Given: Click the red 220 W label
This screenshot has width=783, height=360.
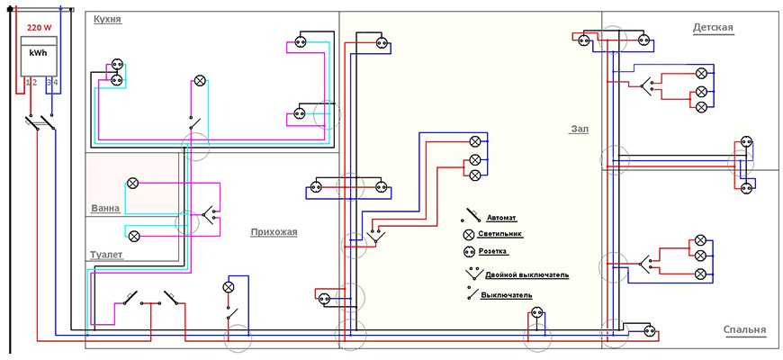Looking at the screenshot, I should coord(40,28).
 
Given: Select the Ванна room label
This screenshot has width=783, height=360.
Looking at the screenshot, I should coord(105,209).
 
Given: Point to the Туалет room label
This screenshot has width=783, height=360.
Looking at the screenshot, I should coord(106,255).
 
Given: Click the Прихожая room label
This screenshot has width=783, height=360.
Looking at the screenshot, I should coord(274,231).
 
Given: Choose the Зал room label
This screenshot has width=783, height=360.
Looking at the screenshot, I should coord(579,129).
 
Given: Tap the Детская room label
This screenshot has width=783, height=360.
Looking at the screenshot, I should coord(713,27).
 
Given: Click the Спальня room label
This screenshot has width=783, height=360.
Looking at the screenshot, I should coord(744,330).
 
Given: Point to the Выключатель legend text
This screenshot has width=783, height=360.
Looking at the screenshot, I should coord(506,294).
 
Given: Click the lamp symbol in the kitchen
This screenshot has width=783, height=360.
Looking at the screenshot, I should coord(200,80).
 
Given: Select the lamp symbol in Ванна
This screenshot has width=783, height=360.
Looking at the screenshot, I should coord(133,183).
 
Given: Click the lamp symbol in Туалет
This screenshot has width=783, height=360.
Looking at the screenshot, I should coord(133,236).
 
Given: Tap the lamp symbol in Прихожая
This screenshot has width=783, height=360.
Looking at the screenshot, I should coord(228,286).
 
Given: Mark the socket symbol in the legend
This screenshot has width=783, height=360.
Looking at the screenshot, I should coord(468,251).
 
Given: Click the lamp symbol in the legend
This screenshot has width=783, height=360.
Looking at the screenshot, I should coord(468,234).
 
